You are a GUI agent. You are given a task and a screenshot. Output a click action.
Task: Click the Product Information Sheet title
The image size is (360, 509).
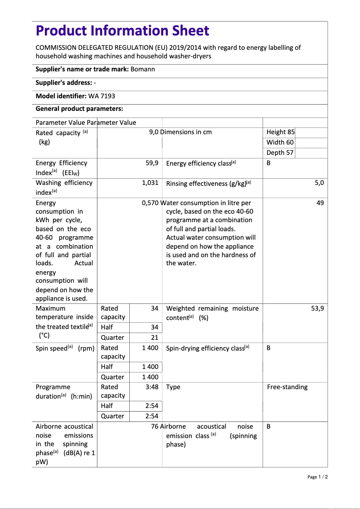[x=123, y=31]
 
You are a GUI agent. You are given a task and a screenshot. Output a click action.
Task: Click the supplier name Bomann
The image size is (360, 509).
[x=143, y=69]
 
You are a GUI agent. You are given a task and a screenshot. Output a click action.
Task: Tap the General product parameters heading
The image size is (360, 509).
[x=79, y=109]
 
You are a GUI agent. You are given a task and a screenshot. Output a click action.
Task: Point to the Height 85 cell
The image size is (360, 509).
[x=281, y=132]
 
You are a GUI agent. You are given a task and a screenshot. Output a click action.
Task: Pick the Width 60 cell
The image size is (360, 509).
[x=280, y=142]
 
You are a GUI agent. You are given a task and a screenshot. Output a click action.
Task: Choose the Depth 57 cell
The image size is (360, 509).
[x=280, y=153]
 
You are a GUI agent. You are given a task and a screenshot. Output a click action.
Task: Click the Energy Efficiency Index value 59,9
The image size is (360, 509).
[x=152, y=163]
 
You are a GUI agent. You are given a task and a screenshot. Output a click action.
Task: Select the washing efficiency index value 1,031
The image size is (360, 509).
[x=150, y=183]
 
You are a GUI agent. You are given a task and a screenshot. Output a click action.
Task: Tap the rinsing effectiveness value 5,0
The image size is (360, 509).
[x=319, y=183]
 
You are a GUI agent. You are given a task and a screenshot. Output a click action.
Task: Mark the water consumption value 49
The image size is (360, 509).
[x=320, y=203]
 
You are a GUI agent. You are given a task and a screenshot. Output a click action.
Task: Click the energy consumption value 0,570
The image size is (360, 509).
[x=150, y=203]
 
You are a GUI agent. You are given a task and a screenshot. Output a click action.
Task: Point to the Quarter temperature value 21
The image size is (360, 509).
[x=154, y=338]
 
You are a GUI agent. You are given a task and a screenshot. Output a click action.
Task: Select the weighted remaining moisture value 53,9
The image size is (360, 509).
[x=317, y=308]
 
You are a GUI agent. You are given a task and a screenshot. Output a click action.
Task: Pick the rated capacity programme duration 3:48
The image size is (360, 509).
[x=152, y=387]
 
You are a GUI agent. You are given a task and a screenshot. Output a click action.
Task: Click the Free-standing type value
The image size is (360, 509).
[x=287, y=387]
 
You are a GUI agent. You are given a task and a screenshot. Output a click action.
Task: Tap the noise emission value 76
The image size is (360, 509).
[x=154, y=426]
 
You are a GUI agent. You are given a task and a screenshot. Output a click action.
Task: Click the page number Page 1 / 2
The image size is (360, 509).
[x=318, y=477]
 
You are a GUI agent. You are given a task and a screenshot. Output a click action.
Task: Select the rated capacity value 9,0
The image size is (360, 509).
[x=154, y=132]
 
